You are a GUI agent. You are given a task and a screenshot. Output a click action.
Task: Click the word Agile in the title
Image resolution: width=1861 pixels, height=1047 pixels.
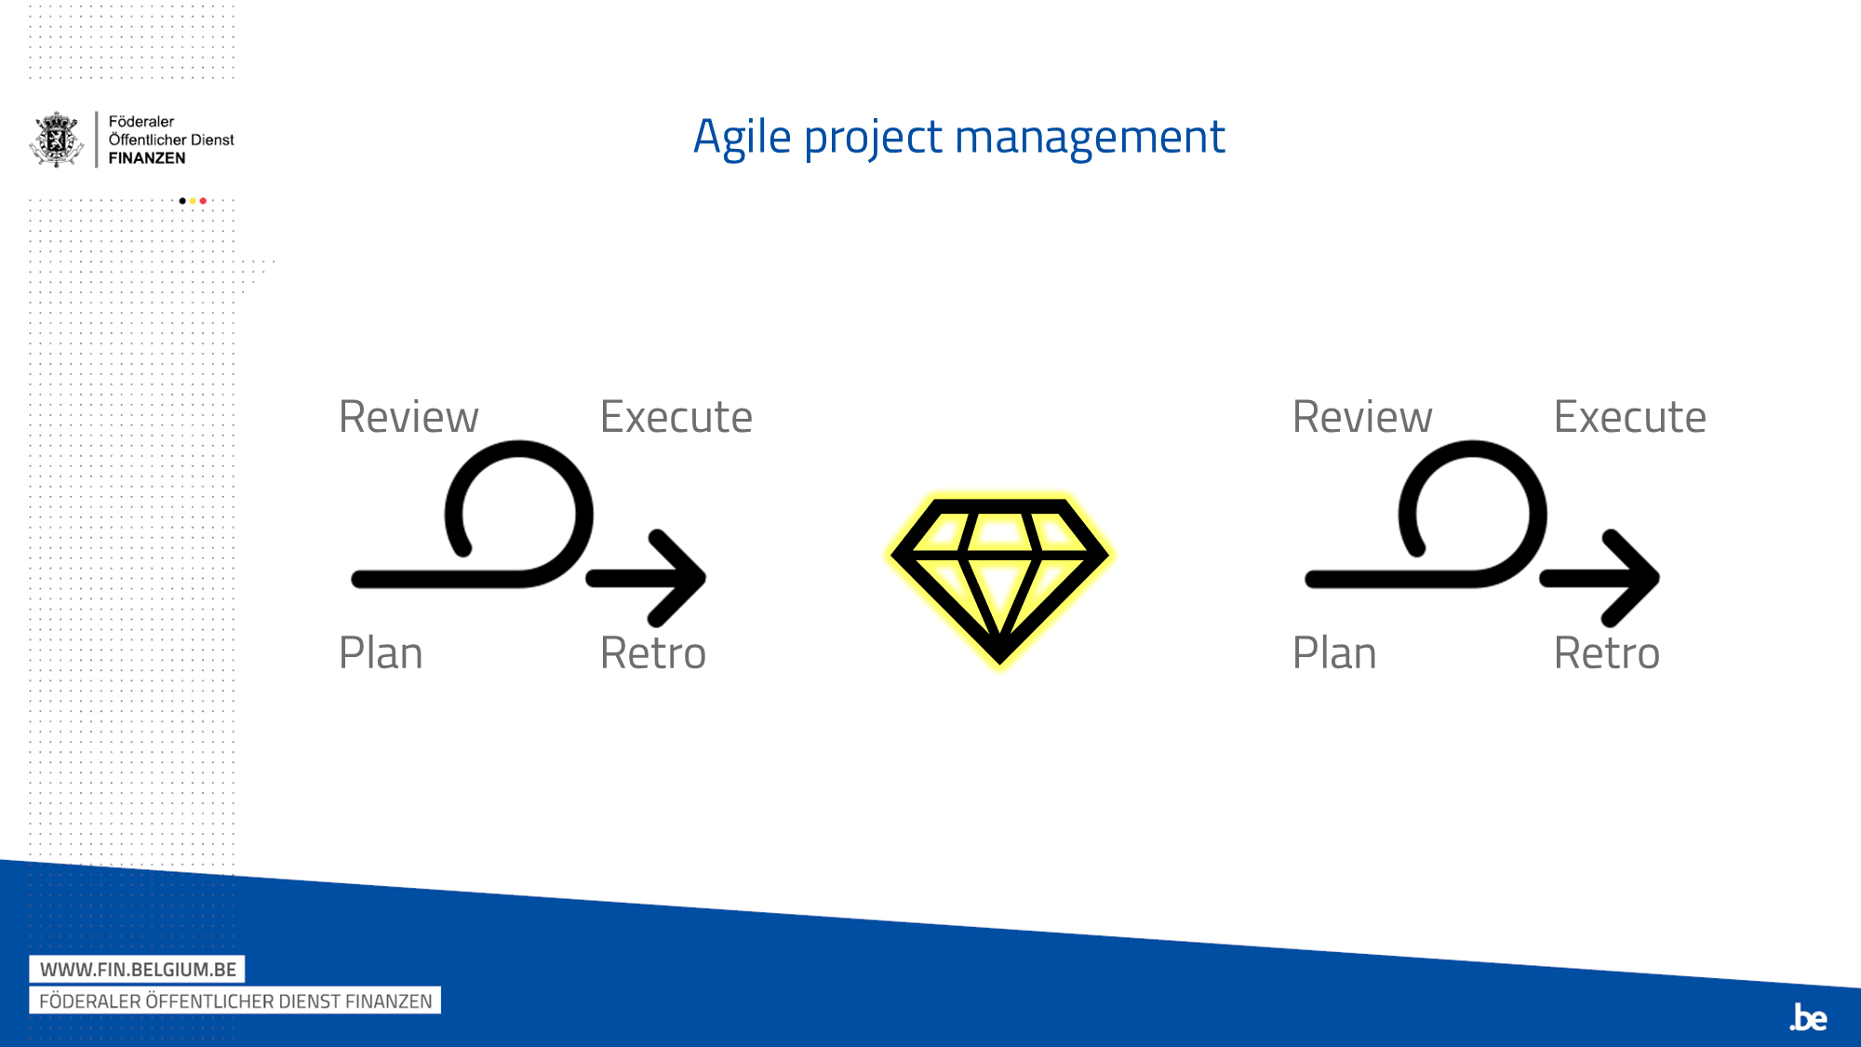[743, 138]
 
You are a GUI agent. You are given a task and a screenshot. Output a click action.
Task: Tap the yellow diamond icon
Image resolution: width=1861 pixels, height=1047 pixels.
[999, 580]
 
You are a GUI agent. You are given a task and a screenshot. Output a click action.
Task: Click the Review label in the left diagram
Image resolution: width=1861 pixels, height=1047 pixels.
[408, 416]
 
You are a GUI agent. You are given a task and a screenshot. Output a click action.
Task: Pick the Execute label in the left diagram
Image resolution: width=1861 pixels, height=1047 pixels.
[676, 416]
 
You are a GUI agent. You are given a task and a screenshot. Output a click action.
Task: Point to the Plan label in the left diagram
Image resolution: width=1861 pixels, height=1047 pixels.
[381, 652]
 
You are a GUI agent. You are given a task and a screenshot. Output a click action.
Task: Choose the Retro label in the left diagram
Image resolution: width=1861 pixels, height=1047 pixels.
[653, 652]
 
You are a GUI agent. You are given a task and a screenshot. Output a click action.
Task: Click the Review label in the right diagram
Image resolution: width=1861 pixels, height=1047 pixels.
[1362, 416]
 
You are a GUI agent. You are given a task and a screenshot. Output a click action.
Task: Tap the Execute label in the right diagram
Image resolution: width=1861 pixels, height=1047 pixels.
[1630, 416]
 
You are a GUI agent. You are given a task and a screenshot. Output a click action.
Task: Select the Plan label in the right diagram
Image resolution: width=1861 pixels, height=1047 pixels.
[1334, 652]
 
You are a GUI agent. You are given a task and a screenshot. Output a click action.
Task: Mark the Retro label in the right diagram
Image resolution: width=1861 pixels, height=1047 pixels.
[1607, 652]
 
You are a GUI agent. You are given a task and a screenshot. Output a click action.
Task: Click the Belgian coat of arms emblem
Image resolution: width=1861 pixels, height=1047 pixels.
[58, 140]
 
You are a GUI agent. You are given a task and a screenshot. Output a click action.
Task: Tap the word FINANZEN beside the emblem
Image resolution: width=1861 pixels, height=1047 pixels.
[147, 158]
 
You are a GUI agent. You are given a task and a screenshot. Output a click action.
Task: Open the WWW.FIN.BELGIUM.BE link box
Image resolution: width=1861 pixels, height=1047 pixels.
[137, 969]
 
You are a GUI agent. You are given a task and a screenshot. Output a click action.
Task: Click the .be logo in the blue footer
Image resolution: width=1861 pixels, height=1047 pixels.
[1808, 1017]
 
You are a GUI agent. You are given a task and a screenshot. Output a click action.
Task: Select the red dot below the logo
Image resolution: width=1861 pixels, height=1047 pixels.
[203, 201]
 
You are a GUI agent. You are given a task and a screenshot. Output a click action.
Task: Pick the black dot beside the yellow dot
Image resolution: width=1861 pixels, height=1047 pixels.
[182, 201]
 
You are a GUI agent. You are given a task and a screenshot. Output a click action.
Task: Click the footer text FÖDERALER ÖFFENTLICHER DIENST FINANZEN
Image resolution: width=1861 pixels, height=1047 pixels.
[235, 1000]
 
